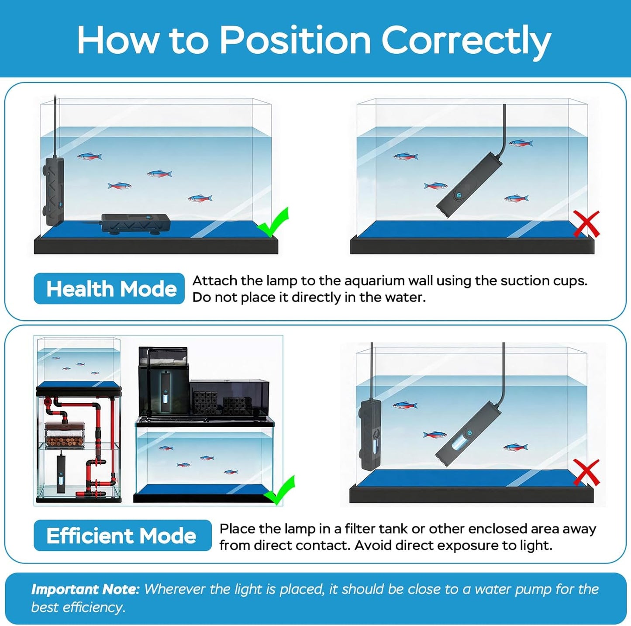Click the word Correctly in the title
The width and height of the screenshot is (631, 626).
point(466,41)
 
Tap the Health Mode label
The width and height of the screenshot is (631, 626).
point(109,289)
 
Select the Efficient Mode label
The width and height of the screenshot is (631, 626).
point(122,536)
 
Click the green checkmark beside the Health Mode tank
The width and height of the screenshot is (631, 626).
point(272,222)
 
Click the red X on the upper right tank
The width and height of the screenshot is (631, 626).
point(586,224)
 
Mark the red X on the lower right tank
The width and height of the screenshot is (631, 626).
point(586,472)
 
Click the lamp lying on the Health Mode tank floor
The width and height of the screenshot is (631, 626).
point(136,224)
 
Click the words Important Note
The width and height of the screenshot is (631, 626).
point(85,590)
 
